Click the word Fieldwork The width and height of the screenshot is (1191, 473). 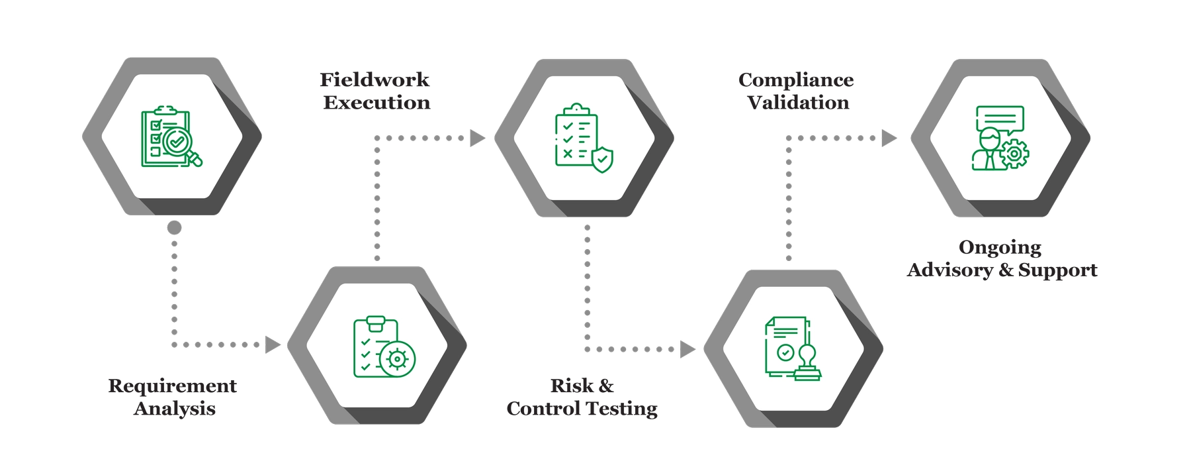(x=375, y=80)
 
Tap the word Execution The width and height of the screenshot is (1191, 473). (x=376, y=103)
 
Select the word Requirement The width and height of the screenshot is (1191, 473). (x=172, y=386)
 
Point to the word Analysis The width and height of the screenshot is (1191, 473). (x=175, y=408)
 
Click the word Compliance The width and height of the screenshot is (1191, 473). (x=796, y=80)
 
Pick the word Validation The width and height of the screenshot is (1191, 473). (x=799, y=103)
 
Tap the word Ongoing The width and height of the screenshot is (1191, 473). (x=1000, y=248)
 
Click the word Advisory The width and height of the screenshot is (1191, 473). (x=950, y=270)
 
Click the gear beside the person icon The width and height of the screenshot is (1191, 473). (x=1014, y=154)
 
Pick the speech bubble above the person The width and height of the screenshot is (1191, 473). (x=1000, y=119)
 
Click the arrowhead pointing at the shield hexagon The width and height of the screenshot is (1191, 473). (x=477, y=138)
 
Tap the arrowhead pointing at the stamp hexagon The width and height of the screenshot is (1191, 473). (x=688, y=348)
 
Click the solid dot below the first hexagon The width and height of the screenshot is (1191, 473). (x=174, y=228)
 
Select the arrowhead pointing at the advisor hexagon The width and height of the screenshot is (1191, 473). (x=889, y=138)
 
